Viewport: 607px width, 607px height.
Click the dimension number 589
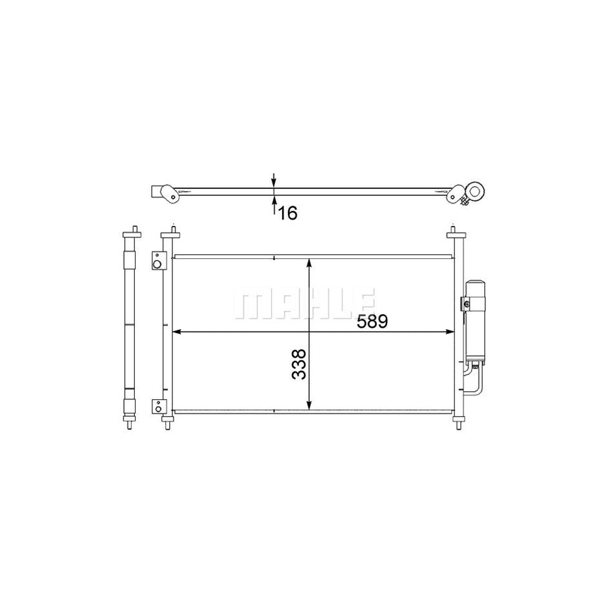(372, 321)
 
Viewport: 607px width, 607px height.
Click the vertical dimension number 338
(299, 364)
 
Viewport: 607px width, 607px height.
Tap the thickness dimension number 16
(287, 213)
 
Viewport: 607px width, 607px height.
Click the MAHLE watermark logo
(304, 303)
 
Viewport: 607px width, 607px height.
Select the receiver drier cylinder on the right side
(475, 320)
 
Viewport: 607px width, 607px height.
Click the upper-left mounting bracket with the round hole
(158, 260)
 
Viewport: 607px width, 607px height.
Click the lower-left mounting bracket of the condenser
(158, 407)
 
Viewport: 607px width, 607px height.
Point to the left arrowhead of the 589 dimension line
(177, 332)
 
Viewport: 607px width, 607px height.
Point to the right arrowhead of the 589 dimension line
(449, 332)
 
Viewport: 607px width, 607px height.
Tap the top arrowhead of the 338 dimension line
(309, 264)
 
